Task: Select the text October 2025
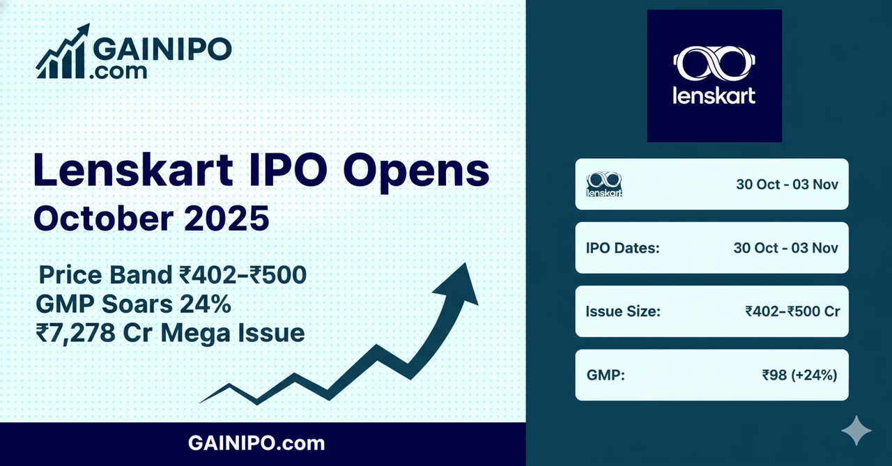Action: click(x=151, y=219)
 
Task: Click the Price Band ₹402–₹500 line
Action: click(x=172, y=275)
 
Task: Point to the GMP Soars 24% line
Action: click(x=134, y=304)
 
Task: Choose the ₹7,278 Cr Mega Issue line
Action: click(x=171, y=333)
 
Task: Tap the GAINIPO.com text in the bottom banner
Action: click(x=256, y=443)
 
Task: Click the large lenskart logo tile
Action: click(x=714, y=77)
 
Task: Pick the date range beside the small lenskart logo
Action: click(x=787, y=185)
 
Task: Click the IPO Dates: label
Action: click(x=622, y=248)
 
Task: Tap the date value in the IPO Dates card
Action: click(x=785, y=248)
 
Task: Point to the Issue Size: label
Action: click(x=622, y=311)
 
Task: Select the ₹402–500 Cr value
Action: click(x=792, y=311)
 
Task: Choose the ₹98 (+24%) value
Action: click(x=799, y=375)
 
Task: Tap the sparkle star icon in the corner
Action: click(x=856, y=432)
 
